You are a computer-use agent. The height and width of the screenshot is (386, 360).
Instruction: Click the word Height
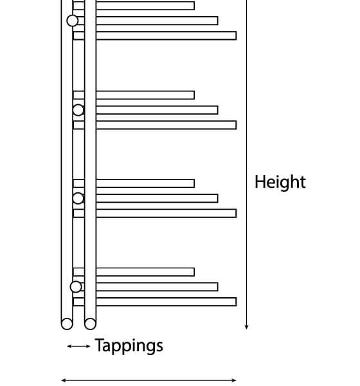(x=280, y=182)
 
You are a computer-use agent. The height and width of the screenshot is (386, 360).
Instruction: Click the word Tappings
(x=129, y=345)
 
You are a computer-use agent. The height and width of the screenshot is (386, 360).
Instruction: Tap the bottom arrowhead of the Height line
(x=246, y=327)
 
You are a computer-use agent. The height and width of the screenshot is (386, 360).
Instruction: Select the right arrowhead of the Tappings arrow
(x=88, y=346)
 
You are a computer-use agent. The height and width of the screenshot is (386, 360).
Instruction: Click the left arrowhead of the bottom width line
(x=64, y=380)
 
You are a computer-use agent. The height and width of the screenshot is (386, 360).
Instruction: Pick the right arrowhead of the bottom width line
(x=234, y=380)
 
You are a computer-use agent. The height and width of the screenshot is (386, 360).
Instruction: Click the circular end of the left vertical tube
(x=67, y=324)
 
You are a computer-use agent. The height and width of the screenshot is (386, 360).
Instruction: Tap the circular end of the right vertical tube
(x=90, y=324)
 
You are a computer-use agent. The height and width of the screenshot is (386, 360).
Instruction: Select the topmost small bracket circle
(x=73, y=21)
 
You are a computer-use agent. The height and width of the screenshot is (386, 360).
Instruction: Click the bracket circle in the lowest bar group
(x=76, y=287)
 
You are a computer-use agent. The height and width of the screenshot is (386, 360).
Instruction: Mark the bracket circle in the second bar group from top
(x=78, y=110)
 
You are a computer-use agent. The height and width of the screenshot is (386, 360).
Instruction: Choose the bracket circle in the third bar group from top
(x=78, y=198)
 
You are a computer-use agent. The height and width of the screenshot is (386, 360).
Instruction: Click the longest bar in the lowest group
(x=155, y=302)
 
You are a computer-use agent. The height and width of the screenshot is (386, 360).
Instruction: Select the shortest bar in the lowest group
(x=134, y=272)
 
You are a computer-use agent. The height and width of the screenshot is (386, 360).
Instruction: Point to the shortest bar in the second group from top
(x=134, y=95)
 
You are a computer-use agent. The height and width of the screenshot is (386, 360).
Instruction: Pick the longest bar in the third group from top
(x=155, y=213)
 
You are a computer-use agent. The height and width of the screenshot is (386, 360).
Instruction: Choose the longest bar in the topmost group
(x=155, y=35)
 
